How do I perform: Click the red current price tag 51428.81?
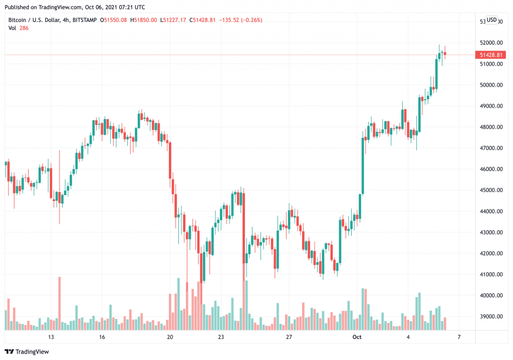pyautogui.click(x=491, y=55)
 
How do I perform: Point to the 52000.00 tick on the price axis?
pyautogui.click(x=490, y=43)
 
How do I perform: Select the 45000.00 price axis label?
pyautogui.click(x=490, y=191)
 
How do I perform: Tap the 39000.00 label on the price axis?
pyautogui.click(x=490, y=317)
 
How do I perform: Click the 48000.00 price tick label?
pyautogui.click(x=490, y=127)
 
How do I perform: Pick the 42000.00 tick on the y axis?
pyautogui.click(x=490, y=254)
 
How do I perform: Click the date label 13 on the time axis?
pyautogui.click(x=51, y=337)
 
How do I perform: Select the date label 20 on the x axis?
pyautogui.click(x=169, y=337)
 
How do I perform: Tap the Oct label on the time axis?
pyautogui.click(x=357, y=337)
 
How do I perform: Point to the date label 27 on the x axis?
pyautogui.click(x=289, y=337)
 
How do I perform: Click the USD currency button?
pyautogui.click(x=492, y=20)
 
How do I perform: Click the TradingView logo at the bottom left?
pyautogui.click(x=28, y=351)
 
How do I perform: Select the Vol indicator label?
pyautogui.click(x=13, y=29)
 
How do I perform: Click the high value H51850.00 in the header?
pyautogui.click(x=144, y=20)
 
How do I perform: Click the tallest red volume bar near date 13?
pyautogui.click(x=60, y=303)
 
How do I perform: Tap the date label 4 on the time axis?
pyautogui.click(x=408, y=337)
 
